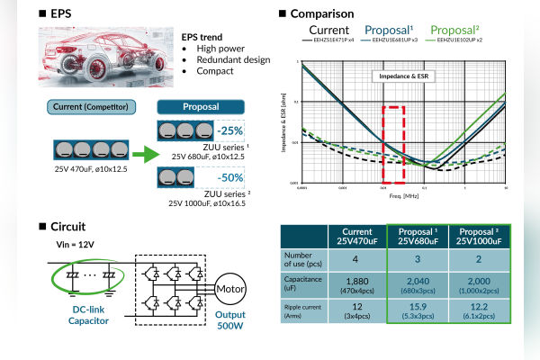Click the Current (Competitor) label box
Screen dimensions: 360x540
(x=86, y=108)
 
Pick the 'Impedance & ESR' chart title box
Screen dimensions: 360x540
(x=401, y=77)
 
